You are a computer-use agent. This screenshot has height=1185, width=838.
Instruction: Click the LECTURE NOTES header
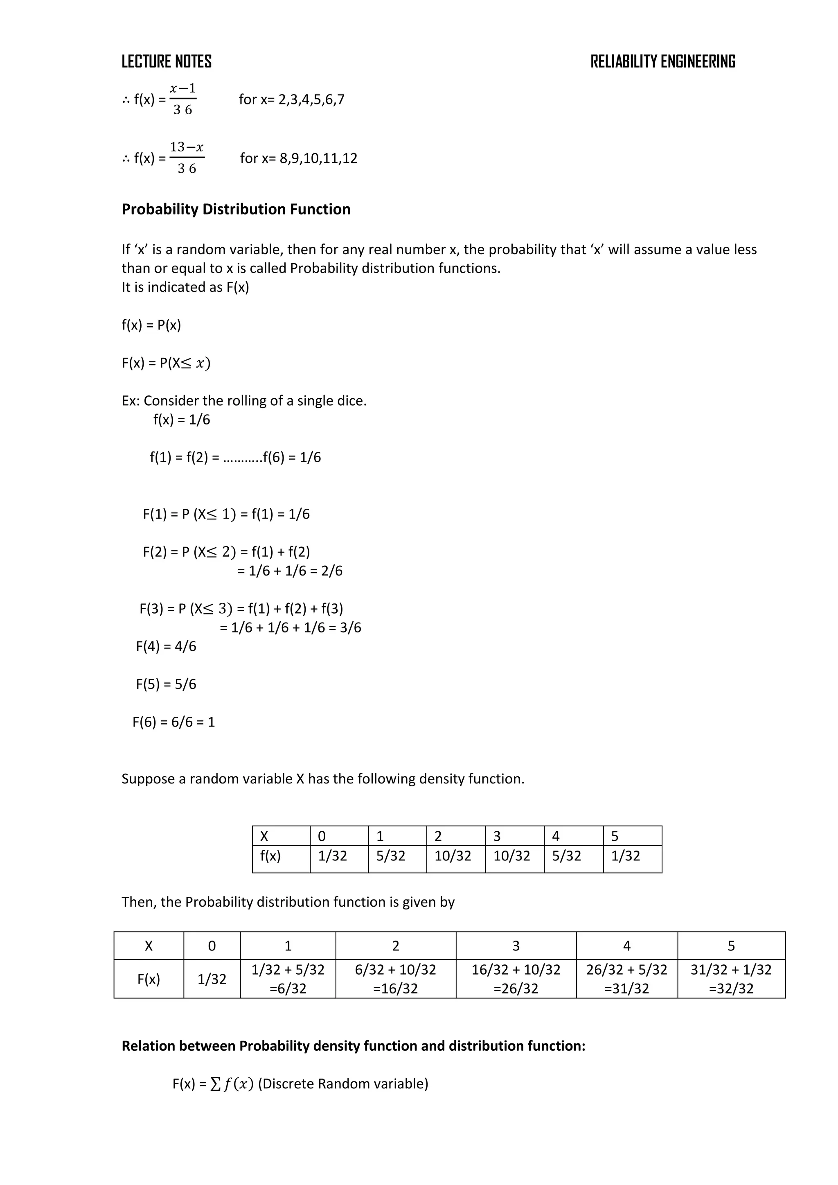click(x=166, y=62)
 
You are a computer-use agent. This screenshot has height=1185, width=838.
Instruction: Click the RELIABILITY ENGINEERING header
click(x=662, y=62)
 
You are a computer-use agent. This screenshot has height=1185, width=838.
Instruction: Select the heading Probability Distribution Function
click(x=236, y=209)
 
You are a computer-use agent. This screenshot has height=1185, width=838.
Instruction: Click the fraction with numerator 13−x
click(x=187, y=158)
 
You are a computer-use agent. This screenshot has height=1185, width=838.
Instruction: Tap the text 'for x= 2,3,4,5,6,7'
click(x=292, y=99)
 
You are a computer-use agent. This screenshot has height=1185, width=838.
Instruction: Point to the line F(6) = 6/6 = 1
click(x=173, y=722)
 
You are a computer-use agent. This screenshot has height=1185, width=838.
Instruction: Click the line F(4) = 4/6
click(x=166, y=646)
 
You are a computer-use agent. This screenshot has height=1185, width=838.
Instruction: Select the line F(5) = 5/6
click(x=166, y=684)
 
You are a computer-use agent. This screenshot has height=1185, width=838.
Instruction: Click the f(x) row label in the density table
click(x=270, y=856)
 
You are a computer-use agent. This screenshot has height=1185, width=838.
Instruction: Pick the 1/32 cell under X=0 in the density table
click(x=332, y=856)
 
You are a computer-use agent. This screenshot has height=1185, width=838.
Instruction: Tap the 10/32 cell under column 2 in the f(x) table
click(x=453, y=856)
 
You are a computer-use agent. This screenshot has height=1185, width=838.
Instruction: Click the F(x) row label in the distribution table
click(x=149, y=979)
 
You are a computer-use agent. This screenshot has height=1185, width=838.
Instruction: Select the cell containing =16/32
click(x=395, y=989)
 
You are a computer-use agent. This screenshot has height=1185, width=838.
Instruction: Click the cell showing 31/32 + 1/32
click(x=731, y=970)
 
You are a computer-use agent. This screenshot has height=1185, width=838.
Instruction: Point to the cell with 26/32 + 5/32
click(x=626, y=970)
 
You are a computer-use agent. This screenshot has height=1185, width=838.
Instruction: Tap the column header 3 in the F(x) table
click(x=516, y=946)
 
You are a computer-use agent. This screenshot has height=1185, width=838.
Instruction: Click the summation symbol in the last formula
click(x=215, y=1084)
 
